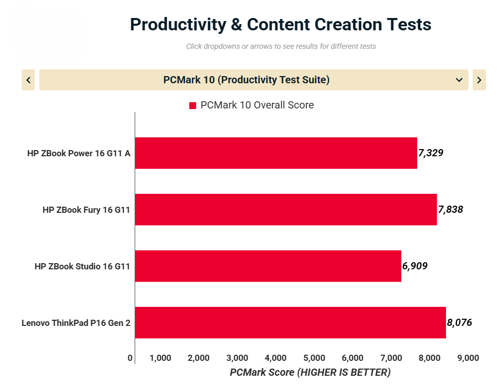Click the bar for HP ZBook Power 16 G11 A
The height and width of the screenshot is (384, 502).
[276, 153]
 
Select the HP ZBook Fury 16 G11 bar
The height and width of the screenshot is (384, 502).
[285, 209]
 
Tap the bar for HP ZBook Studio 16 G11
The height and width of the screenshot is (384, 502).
[267, 266]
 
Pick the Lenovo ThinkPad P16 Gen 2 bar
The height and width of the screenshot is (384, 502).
[290, 322]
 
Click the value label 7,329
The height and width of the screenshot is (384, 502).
[431, 153]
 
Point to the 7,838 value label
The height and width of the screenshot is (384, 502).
[451, 209]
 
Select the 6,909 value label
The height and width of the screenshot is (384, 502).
[415, 266]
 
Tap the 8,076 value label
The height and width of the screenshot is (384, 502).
[459, 322]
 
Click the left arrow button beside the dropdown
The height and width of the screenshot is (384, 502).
[28, 80]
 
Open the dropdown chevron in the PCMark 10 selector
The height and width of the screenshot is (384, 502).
[459, 80]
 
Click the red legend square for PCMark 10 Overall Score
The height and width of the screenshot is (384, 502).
[193, 105]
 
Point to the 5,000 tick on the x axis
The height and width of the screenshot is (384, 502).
[314, 358]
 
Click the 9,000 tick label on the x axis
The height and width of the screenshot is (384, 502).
[468, 358]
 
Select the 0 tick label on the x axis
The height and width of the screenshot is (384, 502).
[130, 358]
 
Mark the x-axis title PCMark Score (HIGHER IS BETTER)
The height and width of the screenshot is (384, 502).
[310, 372]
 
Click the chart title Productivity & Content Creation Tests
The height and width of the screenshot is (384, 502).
[280, 24]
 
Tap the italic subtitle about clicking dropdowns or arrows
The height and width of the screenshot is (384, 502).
[281, 46]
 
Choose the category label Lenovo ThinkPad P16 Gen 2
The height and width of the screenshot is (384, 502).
[76, 323]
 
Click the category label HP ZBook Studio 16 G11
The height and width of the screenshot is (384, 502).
[82, 266]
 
